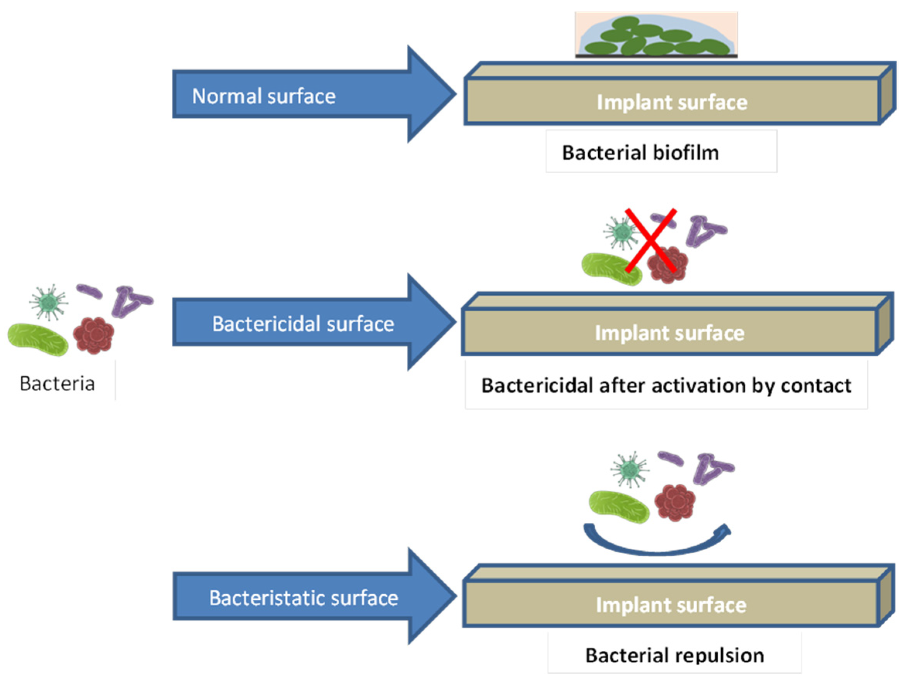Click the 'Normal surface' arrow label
[x=264, y=97]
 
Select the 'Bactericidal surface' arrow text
[x=303, y=324]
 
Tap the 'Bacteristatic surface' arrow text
[x=304, y=598]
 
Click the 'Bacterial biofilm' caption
[x=640, y=153]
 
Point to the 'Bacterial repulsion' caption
[x=674, y=655]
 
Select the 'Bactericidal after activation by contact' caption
[x=666, y=386]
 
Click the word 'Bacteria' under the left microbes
[x=57, y=384]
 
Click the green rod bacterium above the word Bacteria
[x=38, y=339]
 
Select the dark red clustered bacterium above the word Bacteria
[x=94, y=335]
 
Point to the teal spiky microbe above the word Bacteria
[x=49, y=303]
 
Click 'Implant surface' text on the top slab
[x=672, y=102]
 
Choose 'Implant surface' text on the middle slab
[x=669, y=333]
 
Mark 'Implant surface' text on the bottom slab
[x=671, y=605]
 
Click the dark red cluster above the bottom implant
[x=675, y=502]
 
